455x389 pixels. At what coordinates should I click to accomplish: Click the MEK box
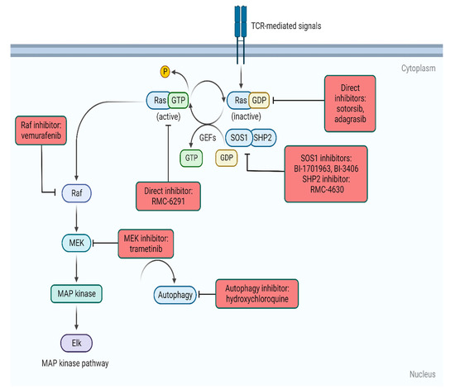click(76, 242)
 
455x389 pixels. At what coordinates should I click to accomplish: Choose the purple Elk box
click(76, 340)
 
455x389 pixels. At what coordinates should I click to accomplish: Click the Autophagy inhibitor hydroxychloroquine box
click(256, 293)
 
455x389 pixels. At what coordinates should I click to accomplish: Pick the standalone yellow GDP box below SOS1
click(226, 156)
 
